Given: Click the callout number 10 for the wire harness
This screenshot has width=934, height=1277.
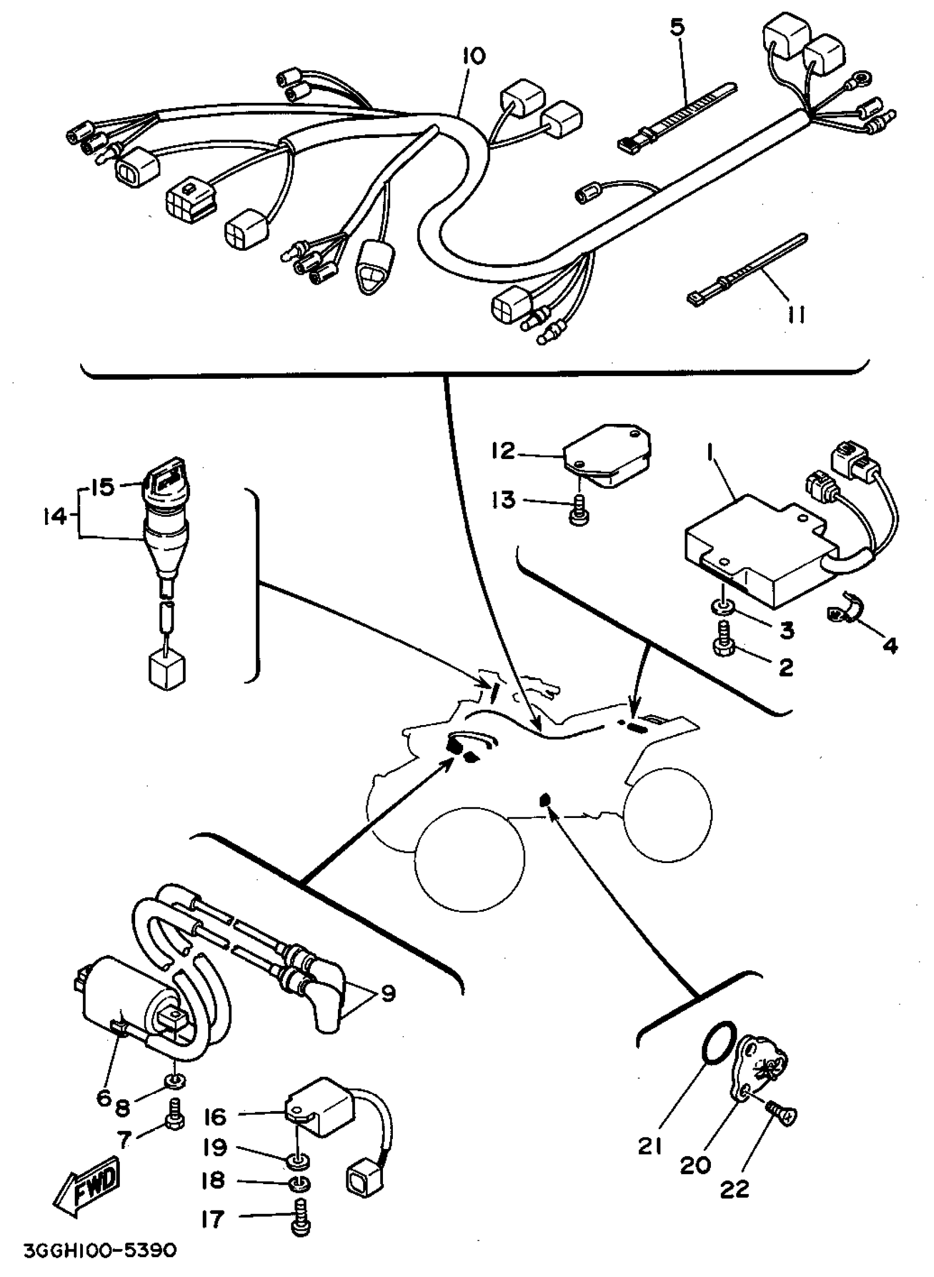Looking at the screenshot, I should click(473, 57).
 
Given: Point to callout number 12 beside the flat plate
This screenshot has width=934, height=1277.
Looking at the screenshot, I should click(503, 451).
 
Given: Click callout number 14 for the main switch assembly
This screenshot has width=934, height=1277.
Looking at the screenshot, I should click(55, 516).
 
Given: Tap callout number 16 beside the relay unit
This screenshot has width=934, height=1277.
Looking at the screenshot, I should click(215, 1118).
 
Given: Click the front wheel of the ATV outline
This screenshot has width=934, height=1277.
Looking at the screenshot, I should click(469, 859).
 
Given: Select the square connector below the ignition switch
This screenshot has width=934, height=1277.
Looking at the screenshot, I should click(167, 671).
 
